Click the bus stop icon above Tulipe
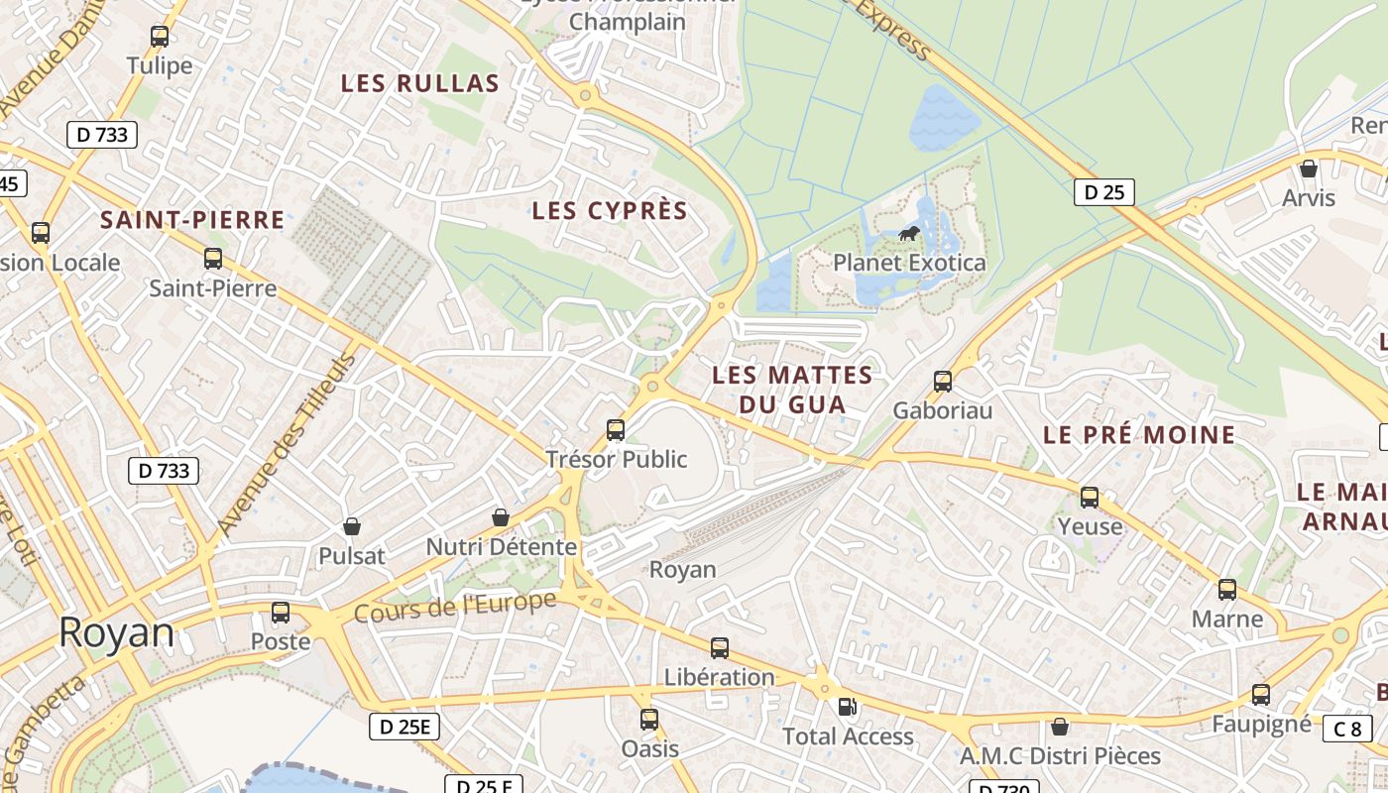(160, 37)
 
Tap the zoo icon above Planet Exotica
(908, 234)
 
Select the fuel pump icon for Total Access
(848, 707)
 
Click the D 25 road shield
(1103, 191)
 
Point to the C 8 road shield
(1347, 729)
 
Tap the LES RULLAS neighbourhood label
(419, 83)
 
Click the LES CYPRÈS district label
(610, 210)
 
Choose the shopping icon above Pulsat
(351, 525)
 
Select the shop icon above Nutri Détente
(501, 517)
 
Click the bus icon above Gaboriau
(942, 381)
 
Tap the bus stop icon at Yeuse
(1090, 498)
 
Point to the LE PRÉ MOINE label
(1139, 434)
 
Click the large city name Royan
(116, 632)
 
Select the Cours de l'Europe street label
(455, 607)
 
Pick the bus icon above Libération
(720, 648)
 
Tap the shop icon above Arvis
(1309, 169)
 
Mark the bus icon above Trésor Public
(616, 430)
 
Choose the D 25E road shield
(404, 727)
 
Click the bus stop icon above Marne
(1227, 590)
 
